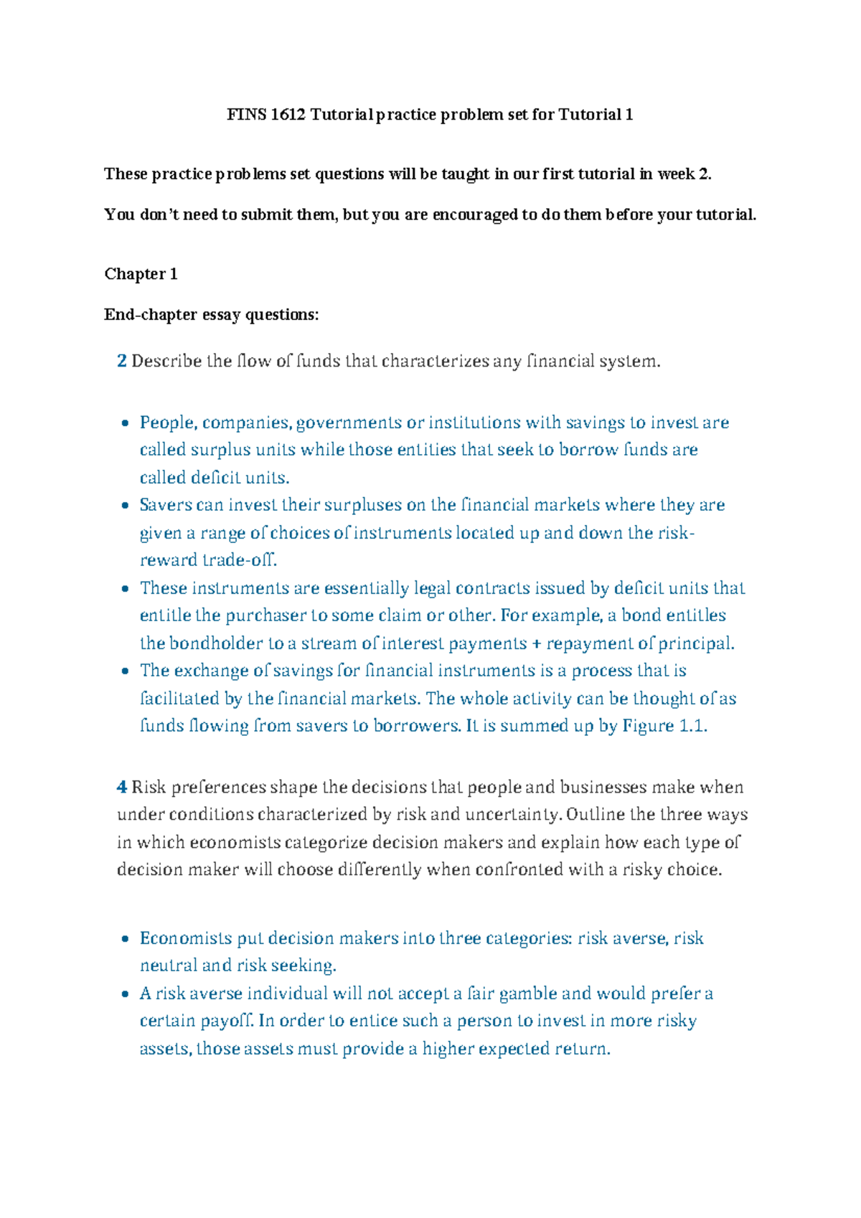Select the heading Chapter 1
(x=141, y=274)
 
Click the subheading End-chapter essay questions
(x=211, y=315)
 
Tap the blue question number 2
(x=122, y=361)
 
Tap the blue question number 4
(x=122, y=788)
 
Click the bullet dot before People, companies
(x=126, y=423)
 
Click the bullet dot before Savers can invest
(x=126, y=506)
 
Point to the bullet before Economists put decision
(x=126, y=939)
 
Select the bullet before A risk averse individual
(x=126, y=994)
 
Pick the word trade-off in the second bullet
(x=240, y=560)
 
